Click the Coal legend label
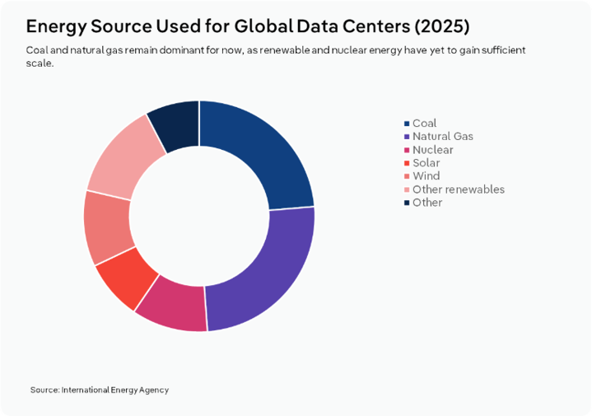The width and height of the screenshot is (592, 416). [424, 124]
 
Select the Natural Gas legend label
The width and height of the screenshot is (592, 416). [442, 137]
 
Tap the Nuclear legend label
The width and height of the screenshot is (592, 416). [432, 150]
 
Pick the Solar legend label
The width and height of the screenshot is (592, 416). [426, 163]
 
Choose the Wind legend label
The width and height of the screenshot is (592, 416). [426, 176]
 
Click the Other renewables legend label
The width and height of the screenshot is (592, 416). [458, 189]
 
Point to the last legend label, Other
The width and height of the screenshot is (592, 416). [427, 203]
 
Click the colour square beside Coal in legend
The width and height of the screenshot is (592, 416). [407, 124]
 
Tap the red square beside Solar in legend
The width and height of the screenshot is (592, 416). [407, 163]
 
